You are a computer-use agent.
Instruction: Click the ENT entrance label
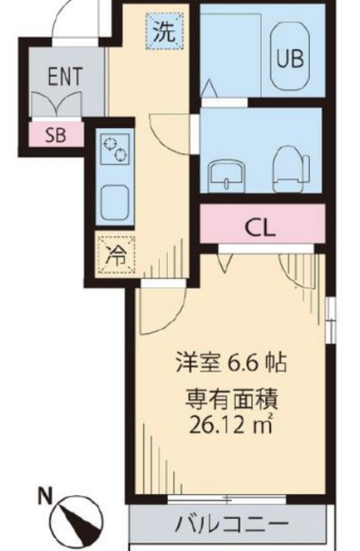point(65,76)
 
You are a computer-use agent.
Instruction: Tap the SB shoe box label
point(55,135)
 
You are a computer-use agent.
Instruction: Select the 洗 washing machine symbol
point(164,32)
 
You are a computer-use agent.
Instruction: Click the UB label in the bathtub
point(291,59)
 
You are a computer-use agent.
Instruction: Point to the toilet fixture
point(291,169)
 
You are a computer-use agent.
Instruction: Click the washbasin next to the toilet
point(227,176)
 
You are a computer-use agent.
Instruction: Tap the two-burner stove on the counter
point(115,149)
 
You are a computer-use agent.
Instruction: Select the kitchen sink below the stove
point(115,202)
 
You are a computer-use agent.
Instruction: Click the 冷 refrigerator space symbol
point(116,255)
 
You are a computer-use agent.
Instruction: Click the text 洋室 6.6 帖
point(231,363)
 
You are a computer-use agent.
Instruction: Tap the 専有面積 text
point(232,399)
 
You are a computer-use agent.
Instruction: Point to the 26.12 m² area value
point(231,424)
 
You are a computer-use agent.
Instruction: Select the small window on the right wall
point(330,320)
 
